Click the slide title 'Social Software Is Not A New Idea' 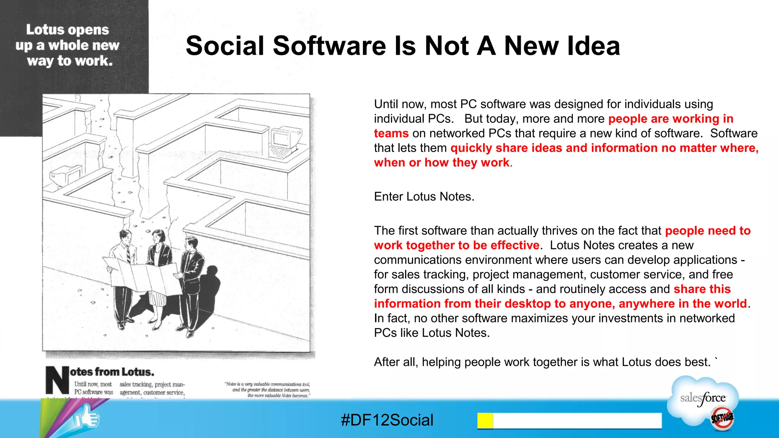[x=402, y=46]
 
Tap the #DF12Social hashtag [x=387, y=420]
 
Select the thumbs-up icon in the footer [x=87, y=418]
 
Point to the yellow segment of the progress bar [x=485, y=421]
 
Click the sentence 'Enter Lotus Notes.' [x=424, y=197]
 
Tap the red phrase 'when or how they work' [x=442, y=163]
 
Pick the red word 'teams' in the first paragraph [x=391, y=133]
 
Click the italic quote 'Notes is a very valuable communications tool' [x=267, y=384]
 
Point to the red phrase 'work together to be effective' [x=456, y=245]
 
